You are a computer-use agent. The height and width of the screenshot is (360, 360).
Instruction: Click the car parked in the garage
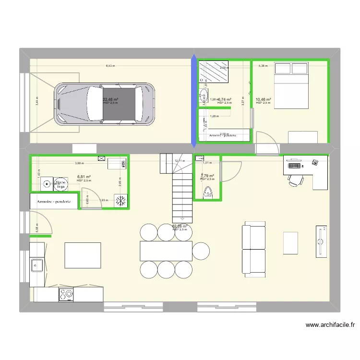(105, 103)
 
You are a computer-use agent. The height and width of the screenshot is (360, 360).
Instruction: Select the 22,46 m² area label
(110, 100)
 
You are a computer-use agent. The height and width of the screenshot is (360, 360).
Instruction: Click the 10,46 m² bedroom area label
(263, 99)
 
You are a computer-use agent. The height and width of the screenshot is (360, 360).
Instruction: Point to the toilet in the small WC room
(207, 192)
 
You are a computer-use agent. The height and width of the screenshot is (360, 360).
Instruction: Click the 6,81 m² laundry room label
(84, 177)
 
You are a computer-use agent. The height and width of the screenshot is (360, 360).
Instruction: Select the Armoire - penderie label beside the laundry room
(54, 202)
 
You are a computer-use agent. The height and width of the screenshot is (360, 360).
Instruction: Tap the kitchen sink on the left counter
(37, 264)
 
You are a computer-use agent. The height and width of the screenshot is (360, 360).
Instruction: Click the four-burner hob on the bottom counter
(66, 294)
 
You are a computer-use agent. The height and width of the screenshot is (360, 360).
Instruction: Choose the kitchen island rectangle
(83, 255)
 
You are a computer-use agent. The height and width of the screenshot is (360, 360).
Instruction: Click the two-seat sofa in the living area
(253, 249)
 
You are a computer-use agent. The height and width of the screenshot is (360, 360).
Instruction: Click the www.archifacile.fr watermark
(330, 325)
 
